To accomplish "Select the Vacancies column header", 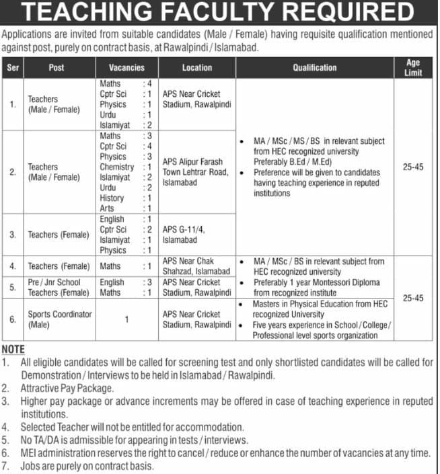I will (x=126, y=68).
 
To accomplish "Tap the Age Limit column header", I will (x=412, y=67).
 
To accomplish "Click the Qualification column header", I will (x=314, y=68).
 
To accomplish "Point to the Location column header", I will (x=196, y=68).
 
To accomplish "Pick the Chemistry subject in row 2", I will (x=116, y=167).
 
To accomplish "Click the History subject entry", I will (x=112, y=198).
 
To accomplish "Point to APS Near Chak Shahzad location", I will (x=196, y=266).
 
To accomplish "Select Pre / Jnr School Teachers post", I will (x=59, y=287).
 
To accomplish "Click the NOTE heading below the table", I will (x=13, y=350).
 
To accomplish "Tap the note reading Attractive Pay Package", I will (x=67, y=389).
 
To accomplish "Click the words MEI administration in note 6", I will (x=58, y=453).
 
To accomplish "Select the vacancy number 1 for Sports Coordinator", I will (x=126, y=319).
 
